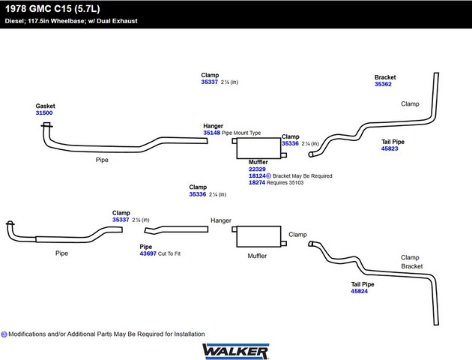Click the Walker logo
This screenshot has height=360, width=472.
236,351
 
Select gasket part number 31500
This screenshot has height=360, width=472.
44,113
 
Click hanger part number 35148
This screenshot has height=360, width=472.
211,133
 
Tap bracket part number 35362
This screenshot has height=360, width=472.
383,84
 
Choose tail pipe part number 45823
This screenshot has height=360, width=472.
390,148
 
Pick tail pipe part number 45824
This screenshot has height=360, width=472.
359,291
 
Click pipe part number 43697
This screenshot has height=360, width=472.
148,253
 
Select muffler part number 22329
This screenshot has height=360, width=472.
257,169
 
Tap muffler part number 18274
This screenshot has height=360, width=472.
257,182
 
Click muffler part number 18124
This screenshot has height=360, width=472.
257,176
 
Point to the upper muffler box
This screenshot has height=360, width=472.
258,148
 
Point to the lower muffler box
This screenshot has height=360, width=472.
258,236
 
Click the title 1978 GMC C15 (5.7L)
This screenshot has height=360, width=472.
52,9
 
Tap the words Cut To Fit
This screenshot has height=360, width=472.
169,253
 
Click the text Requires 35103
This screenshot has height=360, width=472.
285,182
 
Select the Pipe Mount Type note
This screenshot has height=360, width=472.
241,133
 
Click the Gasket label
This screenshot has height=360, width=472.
45,106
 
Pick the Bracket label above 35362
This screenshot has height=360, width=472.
385,77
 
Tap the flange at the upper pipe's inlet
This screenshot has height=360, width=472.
46,125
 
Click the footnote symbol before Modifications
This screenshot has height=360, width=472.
4,334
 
